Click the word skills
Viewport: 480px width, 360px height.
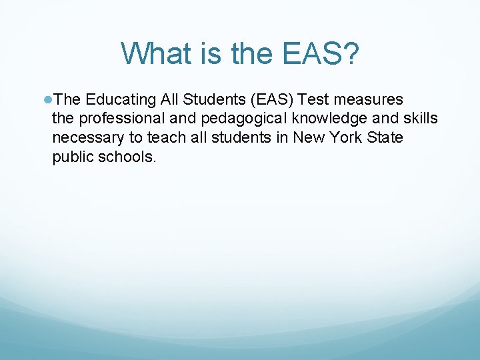421,119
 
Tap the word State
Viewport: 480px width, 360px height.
385,137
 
